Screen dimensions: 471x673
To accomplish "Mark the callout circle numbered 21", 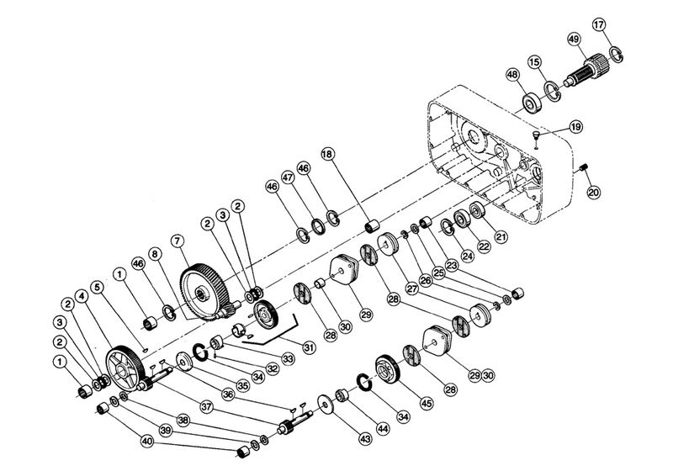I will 502,236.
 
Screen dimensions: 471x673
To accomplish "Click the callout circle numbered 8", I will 154,253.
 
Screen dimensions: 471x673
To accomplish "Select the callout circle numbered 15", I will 533,62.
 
